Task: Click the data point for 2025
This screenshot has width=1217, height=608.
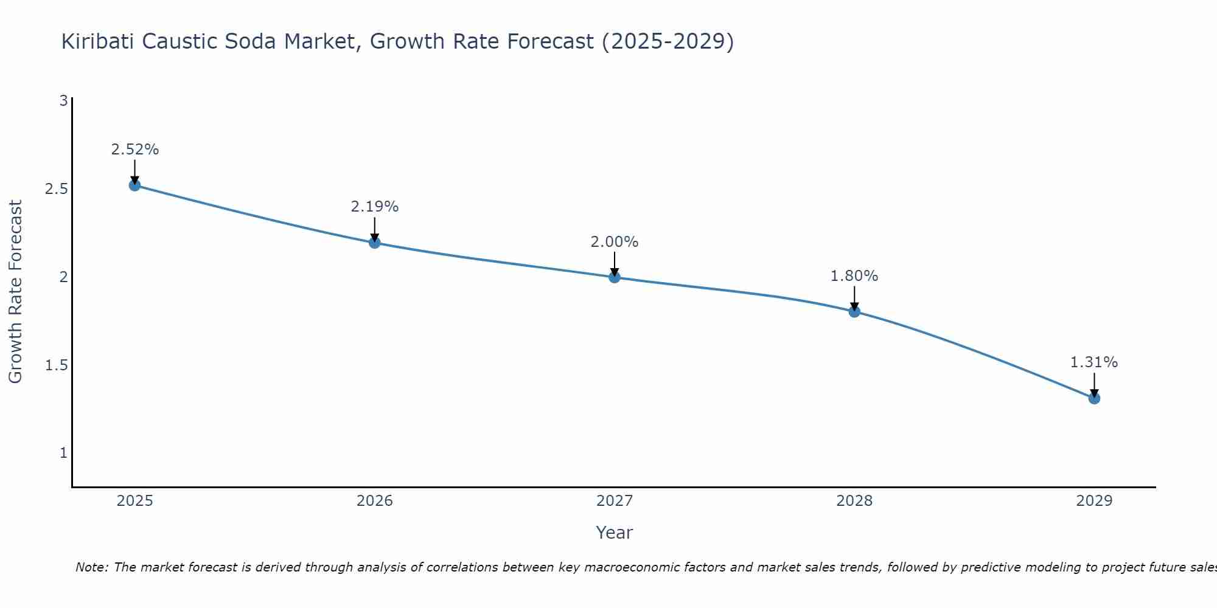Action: (x=134, y=185)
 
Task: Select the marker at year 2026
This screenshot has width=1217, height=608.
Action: (x=374, y=243)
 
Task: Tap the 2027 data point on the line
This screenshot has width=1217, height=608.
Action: (x=615, y=277)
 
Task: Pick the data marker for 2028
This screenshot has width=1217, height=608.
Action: (x=854, y=311)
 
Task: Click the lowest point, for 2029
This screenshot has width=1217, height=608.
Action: (x=1094, y=398)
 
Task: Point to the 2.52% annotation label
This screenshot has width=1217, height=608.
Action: (x=134, y=150)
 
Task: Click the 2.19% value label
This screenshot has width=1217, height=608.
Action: (x=374, y=207)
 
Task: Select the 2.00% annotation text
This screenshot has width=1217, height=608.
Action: (x=615, y=242)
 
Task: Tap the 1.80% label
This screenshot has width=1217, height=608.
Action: (x=854, y=276)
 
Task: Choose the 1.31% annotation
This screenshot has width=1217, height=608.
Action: (x=1094, y=362)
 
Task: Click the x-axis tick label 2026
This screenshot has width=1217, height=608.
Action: (x=374, y=501)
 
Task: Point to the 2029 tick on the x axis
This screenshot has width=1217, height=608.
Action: (x=1094, y=501)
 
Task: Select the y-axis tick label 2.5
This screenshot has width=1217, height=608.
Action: (x=56, y=189)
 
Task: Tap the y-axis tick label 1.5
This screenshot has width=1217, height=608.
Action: (x=56, y=365)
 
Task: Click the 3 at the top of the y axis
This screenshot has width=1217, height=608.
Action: (x=63, y=101)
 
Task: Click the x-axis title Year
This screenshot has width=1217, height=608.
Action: (x=615, y=533)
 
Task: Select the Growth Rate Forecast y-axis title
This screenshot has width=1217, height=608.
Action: (x=15, y=291)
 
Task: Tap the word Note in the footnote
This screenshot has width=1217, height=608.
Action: (x=91, y=567)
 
